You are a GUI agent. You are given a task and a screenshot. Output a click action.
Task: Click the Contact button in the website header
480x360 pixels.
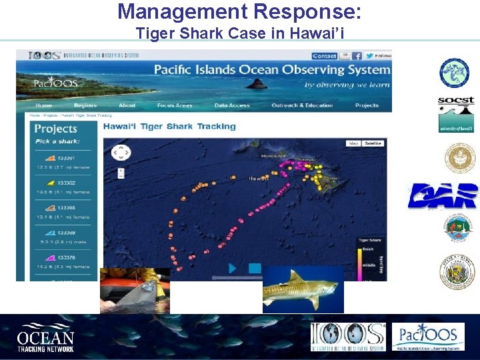coord(325,56)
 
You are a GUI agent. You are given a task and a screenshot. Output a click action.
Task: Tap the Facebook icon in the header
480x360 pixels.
coord(357,56)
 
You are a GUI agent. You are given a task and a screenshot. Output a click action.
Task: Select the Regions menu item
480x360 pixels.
coord(85,105)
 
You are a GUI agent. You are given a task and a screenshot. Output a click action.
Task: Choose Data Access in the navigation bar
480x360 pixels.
coord(232,105)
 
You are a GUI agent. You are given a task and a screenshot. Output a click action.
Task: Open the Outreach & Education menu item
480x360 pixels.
coord(302,105)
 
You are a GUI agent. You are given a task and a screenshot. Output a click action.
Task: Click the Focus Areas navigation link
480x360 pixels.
coord(175,105)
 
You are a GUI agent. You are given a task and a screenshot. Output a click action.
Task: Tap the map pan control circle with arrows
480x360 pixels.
coord(121,153)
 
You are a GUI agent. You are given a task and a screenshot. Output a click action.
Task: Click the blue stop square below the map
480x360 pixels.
coord(255,268)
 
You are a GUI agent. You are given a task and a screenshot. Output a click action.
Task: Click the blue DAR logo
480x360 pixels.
coord(443,195)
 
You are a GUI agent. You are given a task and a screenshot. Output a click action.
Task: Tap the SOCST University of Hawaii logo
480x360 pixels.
coord(456,114)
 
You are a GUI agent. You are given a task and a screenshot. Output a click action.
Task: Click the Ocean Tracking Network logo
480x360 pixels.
coord(45,337)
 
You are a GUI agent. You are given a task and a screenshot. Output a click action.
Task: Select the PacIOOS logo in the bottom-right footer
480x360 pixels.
coord(427,337)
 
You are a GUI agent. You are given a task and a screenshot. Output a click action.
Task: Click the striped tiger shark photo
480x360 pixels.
coord(303,289)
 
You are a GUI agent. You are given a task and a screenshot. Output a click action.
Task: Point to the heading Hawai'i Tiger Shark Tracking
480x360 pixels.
coord(169,126)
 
